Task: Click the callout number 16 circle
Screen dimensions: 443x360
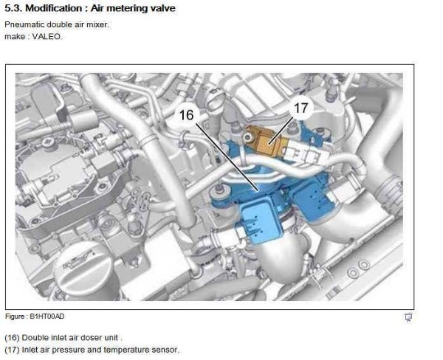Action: pos(187,115)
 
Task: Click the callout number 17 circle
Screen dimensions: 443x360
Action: pos(301,108)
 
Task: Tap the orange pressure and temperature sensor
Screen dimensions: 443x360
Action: pos(264,140)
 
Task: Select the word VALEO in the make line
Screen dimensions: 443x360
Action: pos(47,37)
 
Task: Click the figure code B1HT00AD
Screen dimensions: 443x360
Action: pos(47,316)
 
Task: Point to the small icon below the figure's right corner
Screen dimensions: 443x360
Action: pos(408,317)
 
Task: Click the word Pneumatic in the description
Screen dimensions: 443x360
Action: pos(24,25)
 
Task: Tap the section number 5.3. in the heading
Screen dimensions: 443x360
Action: pos(13,8)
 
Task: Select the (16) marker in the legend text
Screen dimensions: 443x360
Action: pos(12,338)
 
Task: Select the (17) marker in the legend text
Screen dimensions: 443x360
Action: pos(12,350)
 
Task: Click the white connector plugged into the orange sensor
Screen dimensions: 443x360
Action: pos(305,151)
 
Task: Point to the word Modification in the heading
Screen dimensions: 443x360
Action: pos(54,8)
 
